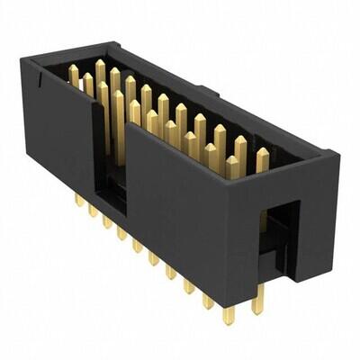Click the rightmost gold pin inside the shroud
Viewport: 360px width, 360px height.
click(262, 160)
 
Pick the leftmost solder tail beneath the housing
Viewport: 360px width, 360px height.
click(79, 199)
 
